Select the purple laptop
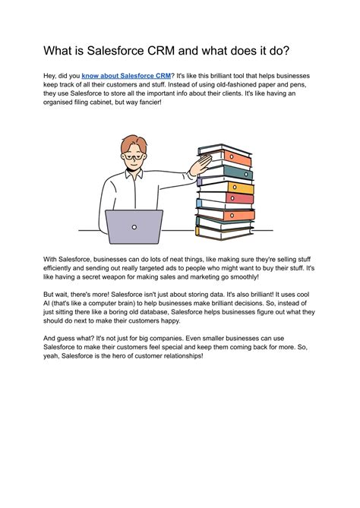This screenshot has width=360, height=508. coord(134,226)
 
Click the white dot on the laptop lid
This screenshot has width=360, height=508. coord(134,226)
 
